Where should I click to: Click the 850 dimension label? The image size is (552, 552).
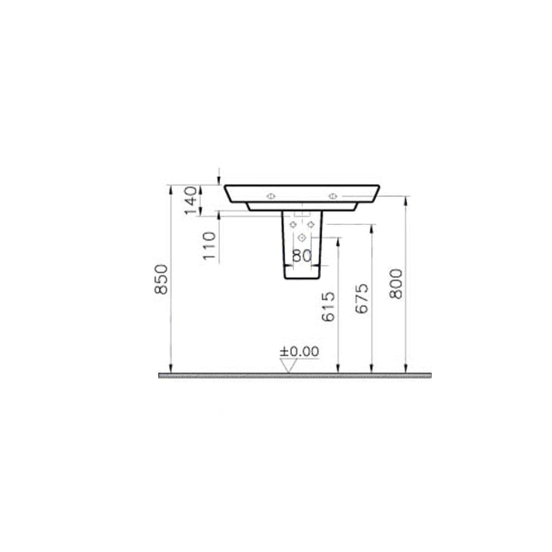coord(162,279)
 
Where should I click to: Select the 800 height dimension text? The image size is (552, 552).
coord(396,283)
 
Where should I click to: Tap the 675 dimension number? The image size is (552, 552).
coord(362,298)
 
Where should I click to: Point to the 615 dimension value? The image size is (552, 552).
coord(329,307)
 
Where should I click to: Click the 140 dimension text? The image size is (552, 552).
coord(191,200)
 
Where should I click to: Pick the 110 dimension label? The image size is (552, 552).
coord(209,245)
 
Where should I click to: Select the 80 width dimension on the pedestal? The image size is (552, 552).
coord(301,256)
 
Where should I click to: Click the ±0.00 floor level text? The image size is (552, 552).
coord(299,351)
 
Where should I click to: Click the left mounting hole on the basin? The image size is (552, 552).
coord(271,196)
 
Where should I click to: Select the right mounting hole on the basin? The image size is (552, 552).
coord(333,196)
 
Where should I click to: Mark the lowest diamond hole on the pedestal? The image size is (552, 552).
coord(302,238)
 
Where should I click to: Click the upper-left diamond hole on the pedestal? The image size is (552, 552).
coord(293,225)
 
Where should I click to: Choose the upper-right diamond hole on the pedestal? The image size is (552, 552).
coord(311,225)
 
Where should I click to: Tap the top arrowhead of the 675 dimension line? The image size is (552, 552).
coord(371,228)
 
